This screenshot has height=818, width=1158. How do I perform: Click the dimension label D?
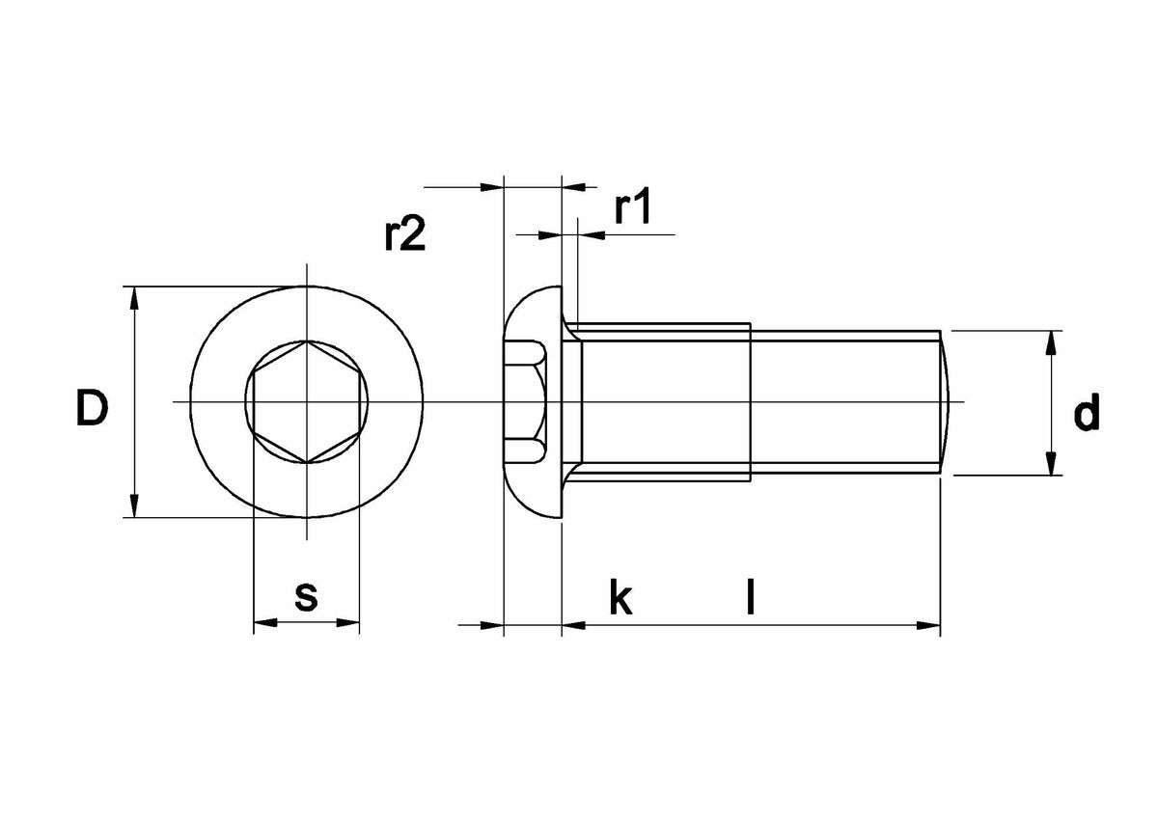[93, 408]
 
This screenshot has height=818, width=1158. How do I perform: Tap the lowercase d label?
[1087, 412]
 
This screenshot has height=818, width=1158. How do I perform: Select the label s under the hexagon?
[306, 597]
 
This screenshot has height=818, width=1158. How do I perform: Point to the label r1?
[632, 205]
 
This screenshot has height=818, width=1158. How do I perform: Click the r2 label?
[404, 233]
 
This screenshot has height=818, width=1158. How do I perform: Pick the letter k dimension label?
[620, 597]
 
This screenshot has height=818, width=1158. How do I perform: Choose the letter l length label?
[751, 596]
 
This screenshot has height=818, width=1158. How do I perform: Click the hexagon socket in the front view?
[307, 401]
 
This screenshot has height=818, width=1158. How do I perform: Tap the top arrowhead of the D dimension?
[134, 299]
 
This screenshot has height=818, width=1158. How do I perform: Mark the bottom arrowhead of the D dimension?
[134, 505]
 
